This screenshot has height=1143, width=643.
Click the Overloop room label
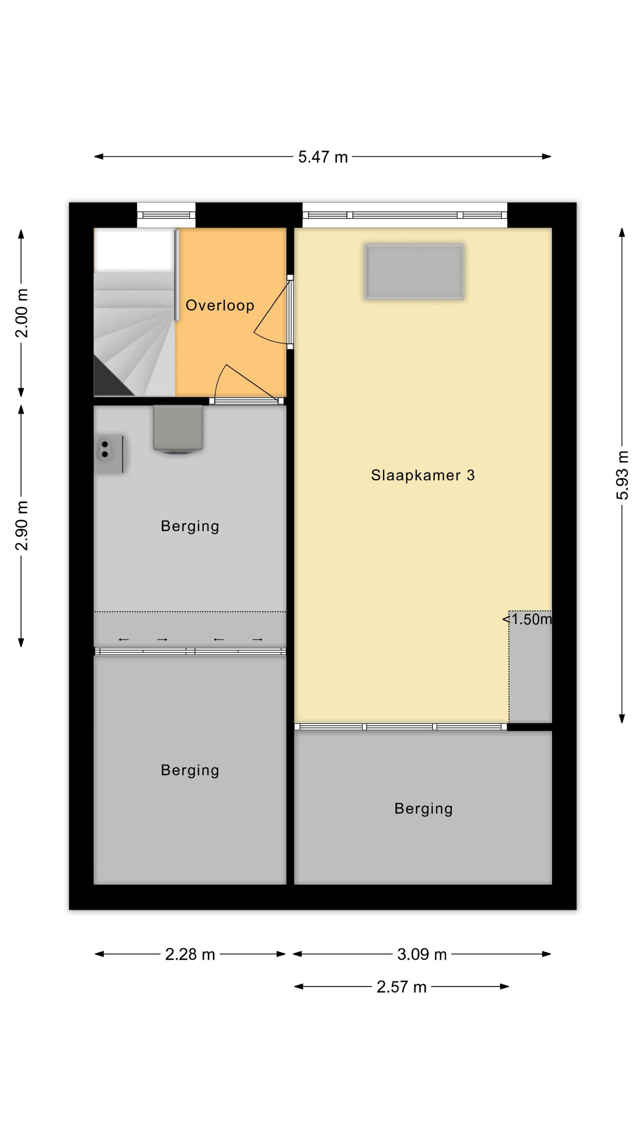tap(220, 305)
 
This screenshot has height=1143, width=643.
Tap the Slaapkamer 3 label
tap(422, 475)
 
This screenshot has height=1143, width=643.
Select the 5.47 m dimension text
tap(323, 157)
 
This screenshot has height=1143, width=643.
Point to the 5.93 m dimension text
tap(622, 475)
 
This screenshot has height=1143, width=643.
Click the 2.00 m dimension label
tap(21, 313)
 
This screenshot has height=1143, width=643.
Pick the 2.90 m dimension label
tap(21, 525)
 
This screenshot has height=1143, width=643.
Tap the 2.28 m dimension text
tap(190, 954)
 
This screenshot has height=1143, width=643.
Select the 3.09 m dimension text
tap(422, 954)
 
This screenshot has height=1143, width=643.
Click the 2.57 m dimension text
tap(401, 987)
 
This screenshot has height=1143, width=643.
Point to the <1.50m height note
tap(527, 619)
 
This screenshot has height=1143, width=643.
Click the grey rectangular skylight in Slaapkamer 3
tap(414, 272)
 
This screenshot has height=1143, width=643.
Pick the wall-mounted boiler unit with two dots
tap(111, 454)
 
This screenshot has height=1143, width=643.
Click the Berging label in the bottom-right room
tap(423, 809)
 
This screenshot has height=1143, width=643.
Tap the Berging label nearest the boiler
tap(190, 526)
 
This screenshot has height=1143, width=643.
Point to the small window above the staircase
tap(166, 215)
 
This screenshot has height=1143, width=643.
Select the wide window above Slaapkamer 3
tap(405, 215)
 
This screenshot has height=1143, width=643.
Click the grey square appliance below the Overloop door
tap(178, 429)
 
